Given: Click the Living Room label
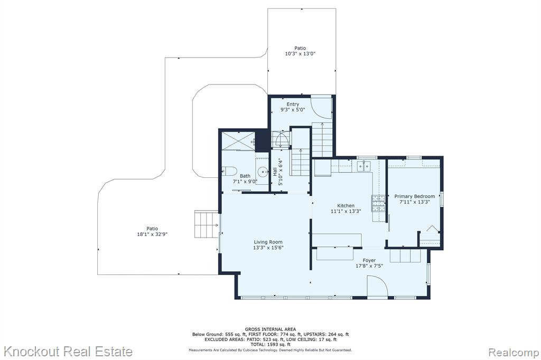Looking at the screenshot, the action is point(268,242).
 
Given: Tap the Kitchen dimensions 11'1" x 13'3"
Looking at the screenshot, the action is point(346,211).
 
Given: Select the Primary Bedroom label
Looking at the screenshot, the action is point(414,196).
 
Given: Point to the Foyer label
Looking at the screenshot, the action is point(369,260).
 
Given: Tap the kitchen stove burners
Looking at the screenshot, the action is point(378,203).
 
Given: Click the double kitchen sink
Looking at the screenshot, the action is point(363,166).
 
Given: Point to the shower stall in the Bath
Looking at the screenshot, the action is point(238,141).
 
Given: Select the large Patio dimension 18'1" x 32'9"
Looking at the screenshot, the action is point(152,234).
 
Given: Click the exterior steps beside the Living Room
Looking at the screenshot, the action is point(207,225).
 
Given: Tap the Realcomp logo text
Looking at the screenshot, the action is point(514,353).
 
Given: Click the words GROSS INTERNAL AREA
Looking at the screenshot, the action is point(270,329).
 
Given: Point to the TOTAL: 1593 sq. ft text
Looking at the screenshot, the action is point(270,344).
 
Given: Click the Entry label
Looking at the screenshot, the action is point(293,104).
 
